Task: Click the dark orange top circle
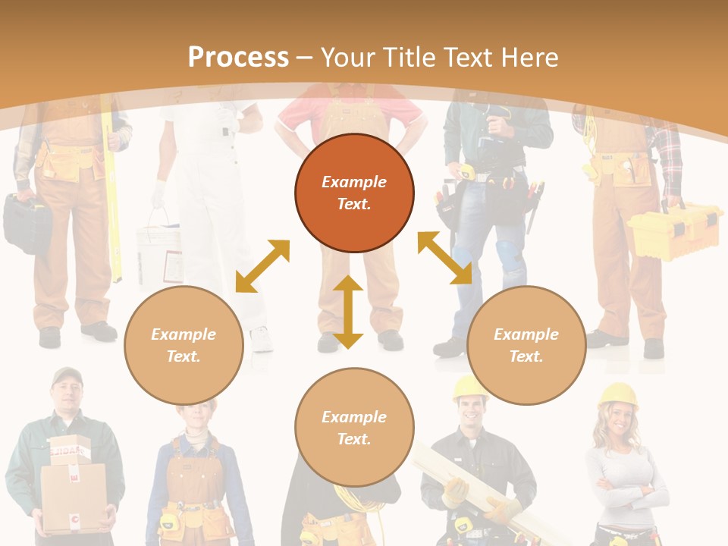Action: point(354,193)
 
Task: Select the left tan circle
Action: point(184,345)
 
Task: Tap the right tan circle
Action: point(526,345)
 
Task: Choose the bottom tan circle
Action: point(354,428)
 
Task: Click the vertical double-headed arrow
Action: point(348,312)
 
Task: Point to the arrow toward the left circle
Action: point(262,266)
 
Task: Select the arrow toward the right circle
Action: point(444,258)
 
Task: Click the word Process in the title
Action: point(238,57)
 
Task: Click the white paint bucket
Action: point(158,250)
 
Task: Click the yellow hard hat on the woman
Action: point(618,394)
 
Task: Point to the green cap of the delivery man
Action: point(67,375)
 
